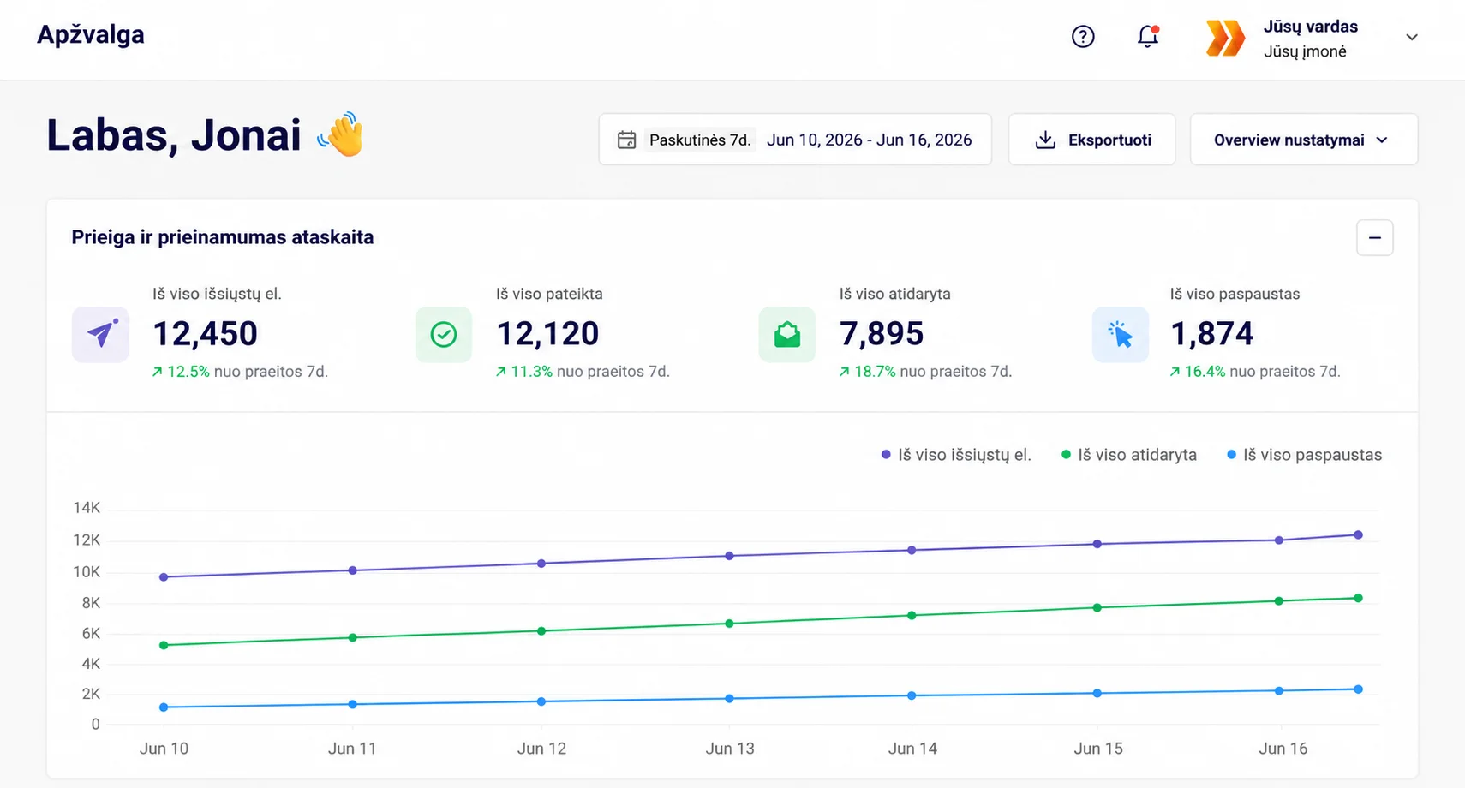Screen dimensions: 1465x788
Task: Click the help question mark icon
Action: pyautogui.click(x=1083, y=36)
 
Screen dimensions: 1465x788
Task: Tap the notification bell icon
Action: pyautogui.click(x=1148, y=36)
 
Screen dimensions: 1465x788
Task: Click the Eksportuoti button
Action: pyautogui.click(x=1091, y=140)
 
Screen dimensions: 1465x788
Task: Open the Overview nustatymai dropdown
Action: pyautogui.click(x=1303, y=140)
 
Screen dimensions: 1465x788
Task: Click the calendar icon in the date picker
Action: pyautogui.click(x=626, y=140)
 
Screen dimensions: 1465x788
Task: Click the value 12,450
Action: pyautogui.click(x=206, y=333)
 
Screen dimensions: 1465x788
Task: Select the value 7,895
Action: pyautogui.click(x=882, y=333)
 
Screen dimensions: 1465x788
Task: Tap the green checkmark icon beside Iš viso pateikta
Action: pyautogui.click(x=444, y=335)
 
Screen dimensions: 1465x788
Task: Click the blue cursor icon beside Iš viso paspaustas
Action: pyautogui.click(x=1121, y=335)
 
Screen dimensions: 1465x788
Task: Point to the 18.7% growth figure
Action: pyautogui.click(x=875, y=372)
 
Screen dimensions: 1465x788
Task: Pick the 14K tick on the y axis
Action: pyautogui.click(x=87, y=507)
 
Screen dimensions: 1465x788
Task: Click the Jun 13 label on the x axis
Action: pyautogui.click(x=730, y=748)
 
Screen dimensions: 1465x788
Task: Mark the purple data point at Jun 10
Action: pyautogui.click(x=164, y=576)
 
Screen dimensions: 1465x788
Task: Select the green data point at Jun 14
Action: pyautogui.click(x=912, y=615)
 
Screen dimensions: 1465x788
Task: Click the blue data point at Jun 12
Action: pyautogui.click(x=541, y=701)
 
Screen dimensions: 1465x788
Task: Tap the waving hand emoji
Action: pyautogui.click(x=341, y=134)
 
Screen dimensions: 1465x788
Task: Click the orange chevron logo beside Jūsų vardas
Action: pyautogui.click(x=1225, y=38)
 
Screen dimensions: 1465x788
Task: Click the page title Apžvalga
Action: pyautogui.click(x=90, y=34)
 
